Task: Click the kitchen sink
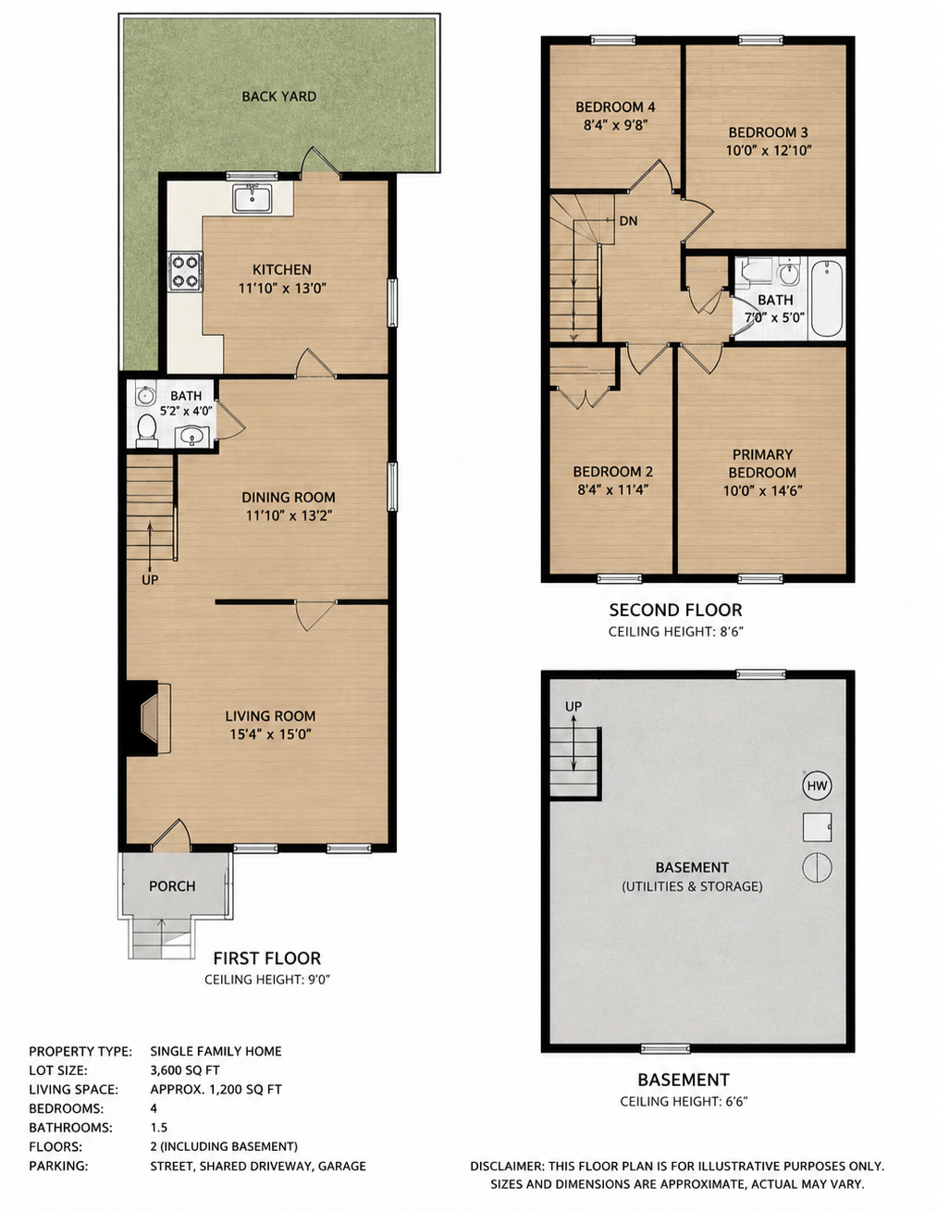pos(253,199)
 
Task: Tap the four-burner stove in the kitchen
pos(186,272)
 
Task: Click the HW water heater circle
pos(817,785)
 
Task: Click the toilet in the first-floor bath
pos(147,430)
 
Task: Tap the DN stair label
pos(628,221)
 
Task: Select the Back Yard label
pos(278,96)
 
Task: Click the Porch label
pos(172,886)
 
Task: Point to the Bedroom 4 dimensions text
pos(615,126)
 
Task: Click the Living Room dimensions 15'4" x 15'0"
pos(270,735)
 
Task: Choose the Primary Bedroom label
pos(762,464)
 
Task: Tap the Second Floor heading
pos(675,611)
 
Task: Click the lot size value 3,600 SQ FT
pos(184,1070)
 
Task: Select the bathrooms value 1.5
pos(158,1127)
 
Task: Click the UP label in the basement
pos(573,707)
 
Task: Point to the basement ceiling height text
pos(684,1102)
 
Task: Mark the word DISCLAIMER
pos(506,1166)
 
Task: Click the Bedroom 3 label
pos(768,132)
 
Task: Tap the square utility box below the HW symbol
pos(817,826)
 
